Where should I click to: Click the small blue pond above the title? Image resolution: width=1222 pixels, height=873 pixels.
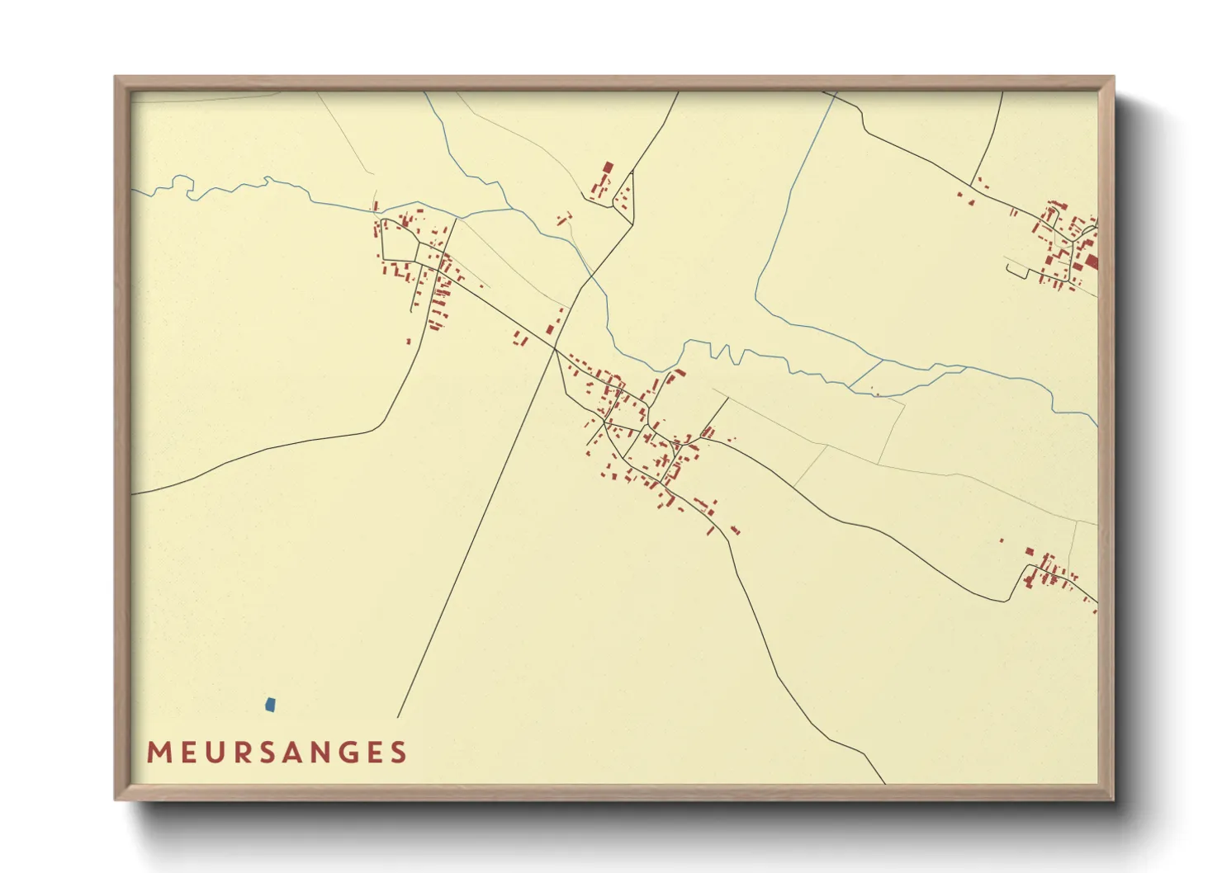(270, 705)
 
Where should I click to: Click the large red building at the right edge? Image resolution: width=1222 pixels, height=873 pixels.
(1091, 262)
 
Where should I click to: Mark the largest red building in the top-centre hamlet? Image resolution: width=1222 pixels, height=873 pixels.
(608, 168)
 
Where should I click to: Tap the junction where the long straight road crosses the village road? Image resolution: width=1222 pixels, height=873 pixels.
(555, 349)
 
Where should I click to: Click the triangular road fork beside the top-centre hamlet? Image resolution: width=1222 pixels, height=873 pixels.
(626, 198)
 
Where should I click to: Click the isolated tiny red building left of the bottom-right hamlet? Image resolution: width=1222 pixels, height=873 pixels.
(1002, 540)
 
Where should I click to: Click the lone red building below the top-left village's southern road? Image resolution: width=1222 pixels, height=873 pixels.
(408, 341)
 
